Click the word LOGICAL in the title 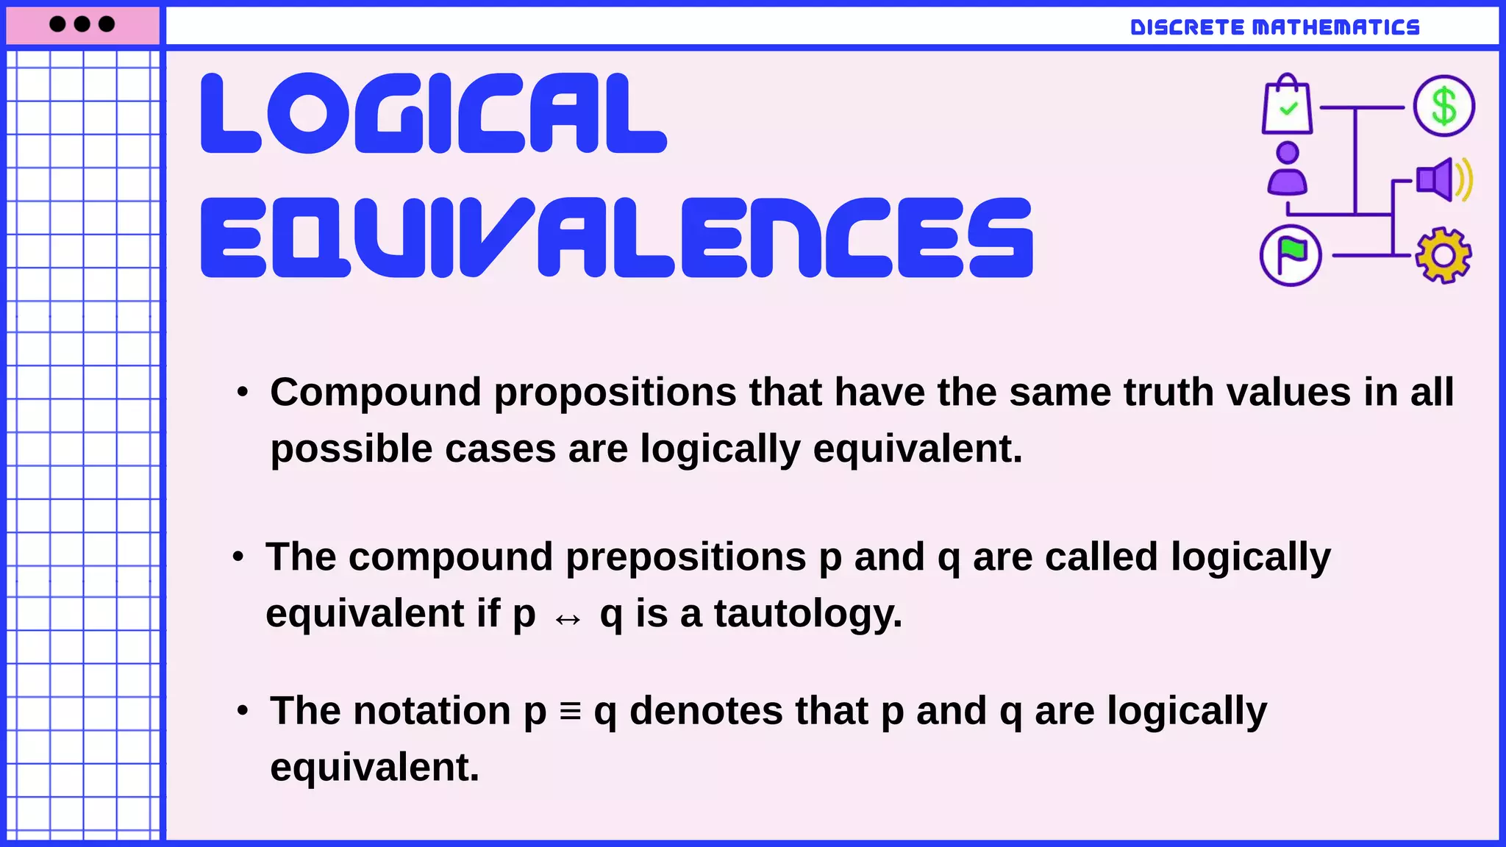pos(434,114)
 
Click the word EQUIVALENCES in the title pos(616,237)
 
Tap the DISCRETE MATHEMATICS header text pos(1274,27)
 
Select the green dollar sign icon pos(1443,106)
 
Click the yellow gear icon pos(1443,255)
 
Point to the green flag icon pos(1291,255)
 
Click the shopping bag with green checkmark pos(1287,106)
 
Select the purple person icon pos(1287,169)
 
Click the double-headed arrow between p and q pos(568,619)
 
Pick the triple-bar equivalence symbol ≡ pos(570,711)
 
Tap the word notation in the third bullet pos(432,711)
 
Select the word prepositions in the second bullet pos(685,557)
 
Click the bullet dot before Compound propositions pos(243,392)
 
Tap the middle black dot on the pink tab pos(82,24)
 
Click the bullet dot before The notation pos(243,711)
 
